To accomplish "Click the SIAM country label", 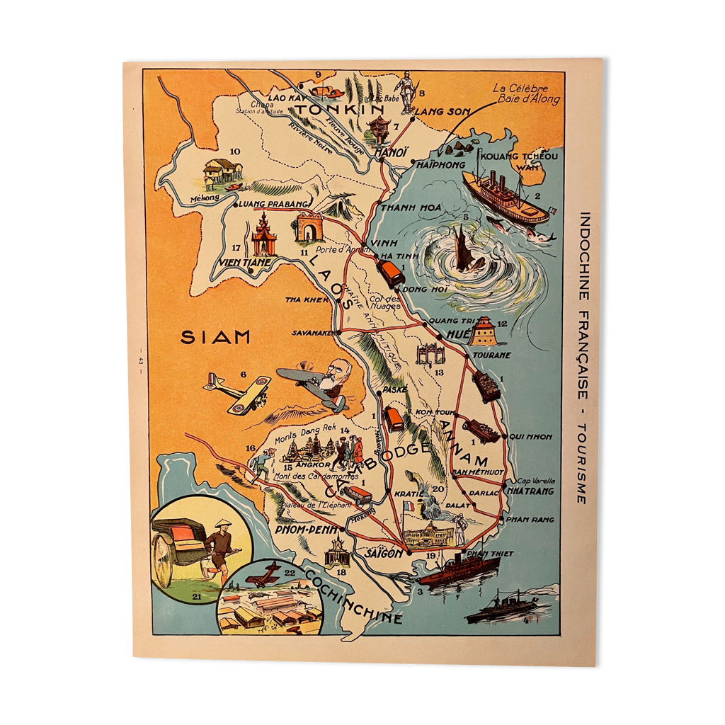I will (x=215, y=337).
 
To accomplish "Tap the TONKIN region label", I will (x=340, y=109).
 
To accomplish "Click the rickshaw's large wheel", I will (x=164, y=567).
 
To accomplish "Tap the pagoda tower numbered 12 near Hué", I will (x=485, y=331).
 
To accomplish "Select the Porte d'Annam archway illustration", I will (x=309, y=227).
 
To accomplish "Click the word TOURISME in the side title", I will (x=581, y=464).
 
